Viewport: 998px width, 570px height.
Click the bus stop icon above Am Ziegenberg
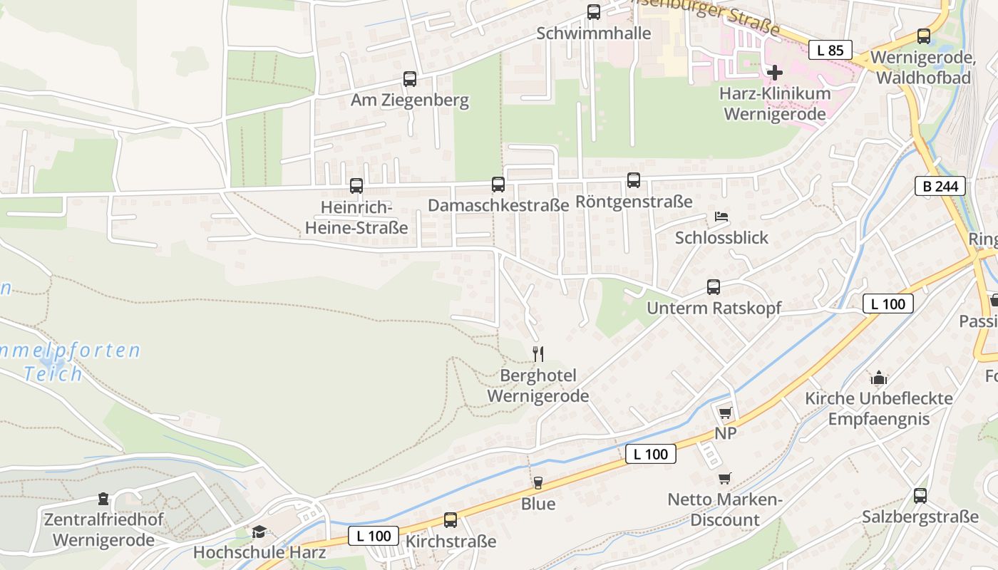(x=409, y=79)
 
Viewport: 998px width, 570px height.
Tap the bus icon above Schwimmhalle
(x=593, y=12)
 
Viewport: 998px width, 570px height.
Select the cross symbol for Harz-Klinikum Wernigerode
(x=775, y=72)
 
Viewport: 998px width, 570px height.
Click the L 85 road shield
(x=830, y=50)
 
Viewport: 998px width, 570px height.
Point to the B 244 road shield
(x=940, y=187)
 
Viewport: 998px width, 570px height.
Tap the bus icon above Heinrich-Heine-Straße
(x=356, y=186)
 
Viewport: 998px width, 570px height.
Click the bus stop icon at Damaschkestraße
(x=498, y=185)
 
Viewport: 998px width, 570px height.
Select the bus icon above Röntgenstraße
(x=633, y=180)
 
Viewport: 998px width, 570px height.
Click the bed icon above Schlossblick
(x=721, y=217)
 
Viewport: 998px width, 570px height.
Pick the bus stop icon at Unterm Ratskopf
(x=714, y=287)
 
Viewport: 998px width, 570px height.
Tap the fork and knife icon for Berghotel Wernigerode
(x=539, y=353)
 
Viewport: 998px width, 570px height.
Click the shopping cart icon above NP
(x=726, y=413)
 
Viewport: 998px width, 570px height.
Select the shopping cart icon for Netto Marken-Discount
(x=725, y=478)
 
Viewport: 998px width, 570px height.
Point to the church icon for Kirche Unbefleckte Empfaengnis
(x=879, y=377)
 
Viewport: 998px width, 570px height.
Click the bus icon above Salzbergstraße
(x=920, y=495)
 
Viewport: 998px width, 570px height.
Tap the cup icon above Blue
(x=538, y=482)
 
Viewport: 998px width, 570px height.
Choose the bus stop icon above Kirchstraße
(x=451, y=520)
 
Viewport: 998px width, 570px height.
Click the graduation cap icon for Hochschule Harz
(x=259, y=532)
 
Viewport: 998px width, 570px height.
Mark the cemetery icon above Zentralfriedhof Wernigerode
(x=103, y=498)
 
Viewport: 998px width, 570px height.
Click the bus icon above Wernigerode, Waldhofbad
(x=924, y=36)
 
